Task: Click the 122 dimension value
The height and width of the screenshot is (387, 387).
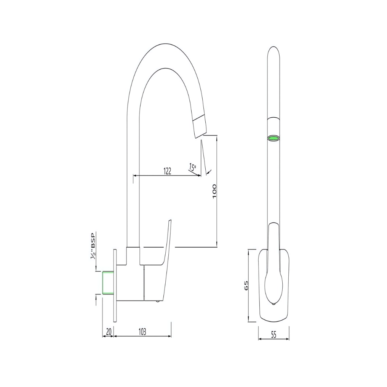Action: (x=167, y=171)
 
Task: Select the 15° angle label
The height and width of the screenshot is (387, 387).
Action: (x=192, y=166)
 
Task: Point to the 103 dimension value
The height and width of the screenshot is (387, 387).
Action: (x=142, y=332)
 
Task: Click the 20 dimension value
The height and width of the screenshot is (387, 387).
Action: (x=108, y=332)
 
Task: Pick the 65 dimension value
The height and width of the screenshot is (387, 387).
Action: (x=246, y=285)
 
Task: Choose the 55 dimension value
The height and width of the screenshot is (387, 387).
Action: (x=273, y=335)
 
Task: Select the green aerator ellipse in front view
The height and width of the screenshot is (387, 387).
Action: (x=274, y=138)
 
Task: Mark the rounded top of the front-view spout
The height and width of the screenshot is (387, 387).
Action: (x=274, y=49)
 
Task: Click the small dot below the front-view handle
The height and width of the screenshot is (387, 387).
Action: (x=273, y=304)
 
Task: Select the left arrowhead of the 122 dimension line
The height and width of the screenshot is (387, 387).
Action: (x=134, y=176)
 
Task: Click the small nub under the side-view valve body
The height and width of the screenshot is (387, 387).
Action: (x=157, y=301)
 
